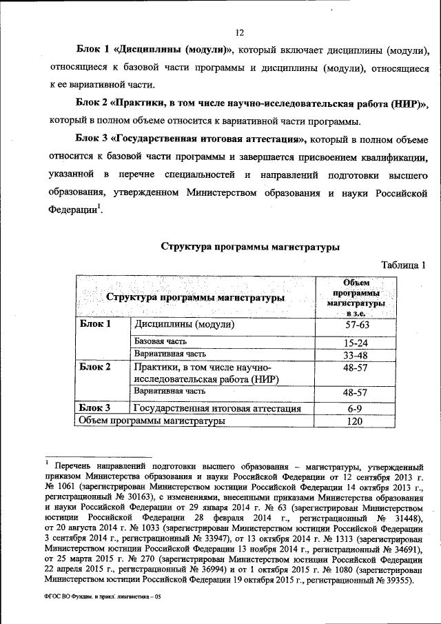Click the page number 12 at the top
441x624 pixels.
240,33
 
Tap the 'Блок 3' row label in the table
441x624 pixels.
95,408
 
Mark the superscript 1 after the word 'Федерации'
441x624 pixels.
99,205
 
